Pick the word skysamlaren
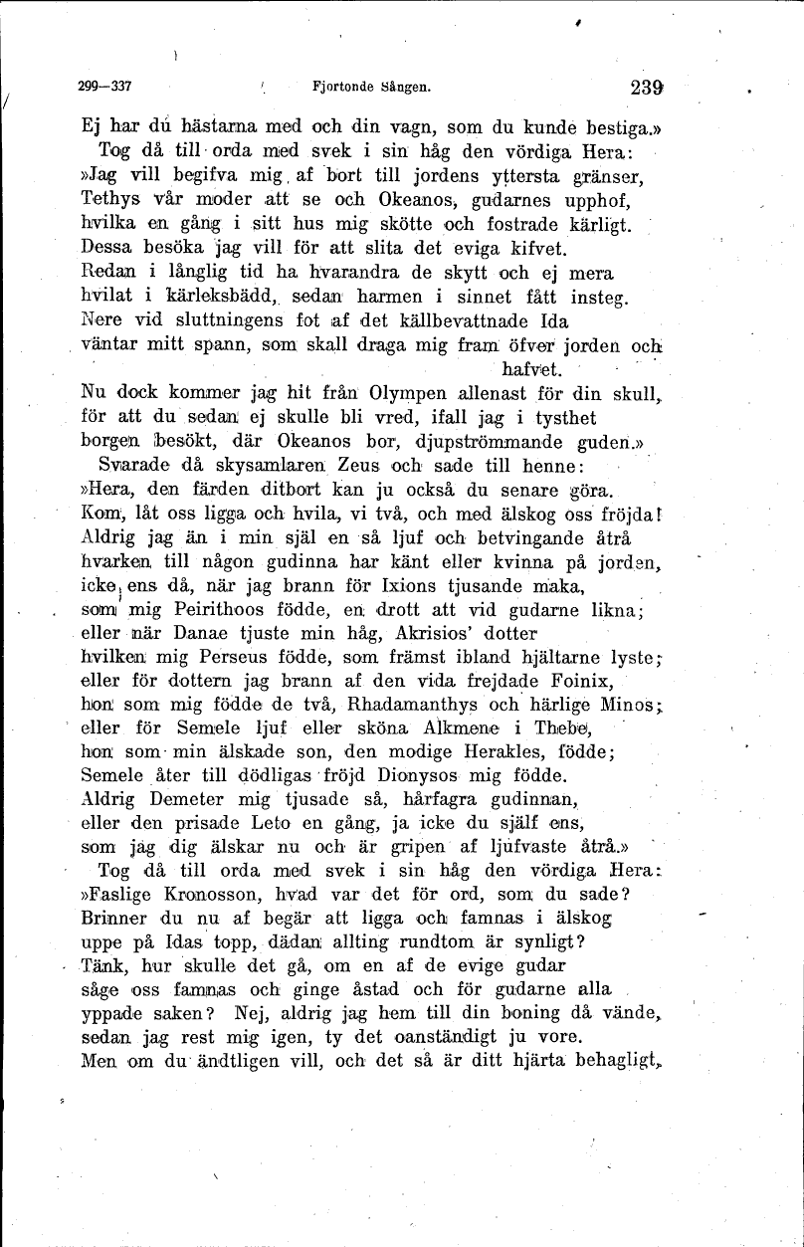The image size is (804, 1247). coord(257,466)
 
